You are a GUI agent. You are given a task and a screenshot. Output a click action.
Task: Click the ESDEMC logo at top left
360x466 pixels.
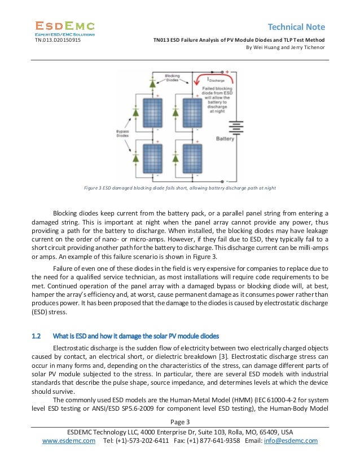(65, 27)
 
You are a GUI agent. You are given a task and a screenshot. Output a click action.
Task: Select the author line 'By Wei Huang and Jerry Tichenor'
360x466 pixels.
(284, 47)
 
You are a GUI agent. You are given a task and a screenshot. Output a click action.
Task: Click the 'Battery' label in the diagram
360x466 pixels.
(225, 138)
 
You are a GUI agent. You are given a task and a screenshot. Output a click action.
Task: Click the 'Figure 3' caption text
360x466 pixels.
(179, 187)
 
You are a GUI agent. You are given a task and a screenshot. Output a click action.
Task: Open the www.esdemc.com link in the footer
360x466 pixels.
(69, 441)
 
